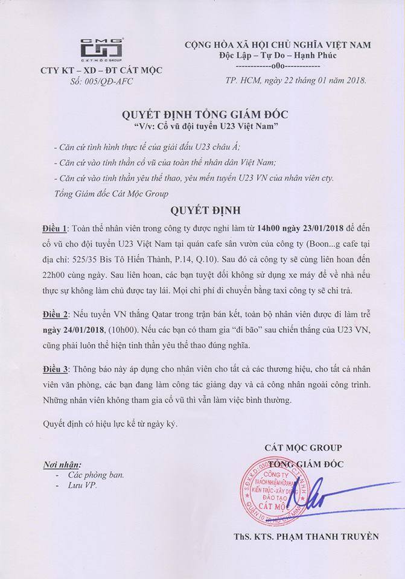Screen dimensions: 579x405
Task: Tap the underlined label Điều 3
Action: [57, 369]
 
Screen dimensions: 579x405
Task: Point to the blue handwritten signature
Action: [314, 498]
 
